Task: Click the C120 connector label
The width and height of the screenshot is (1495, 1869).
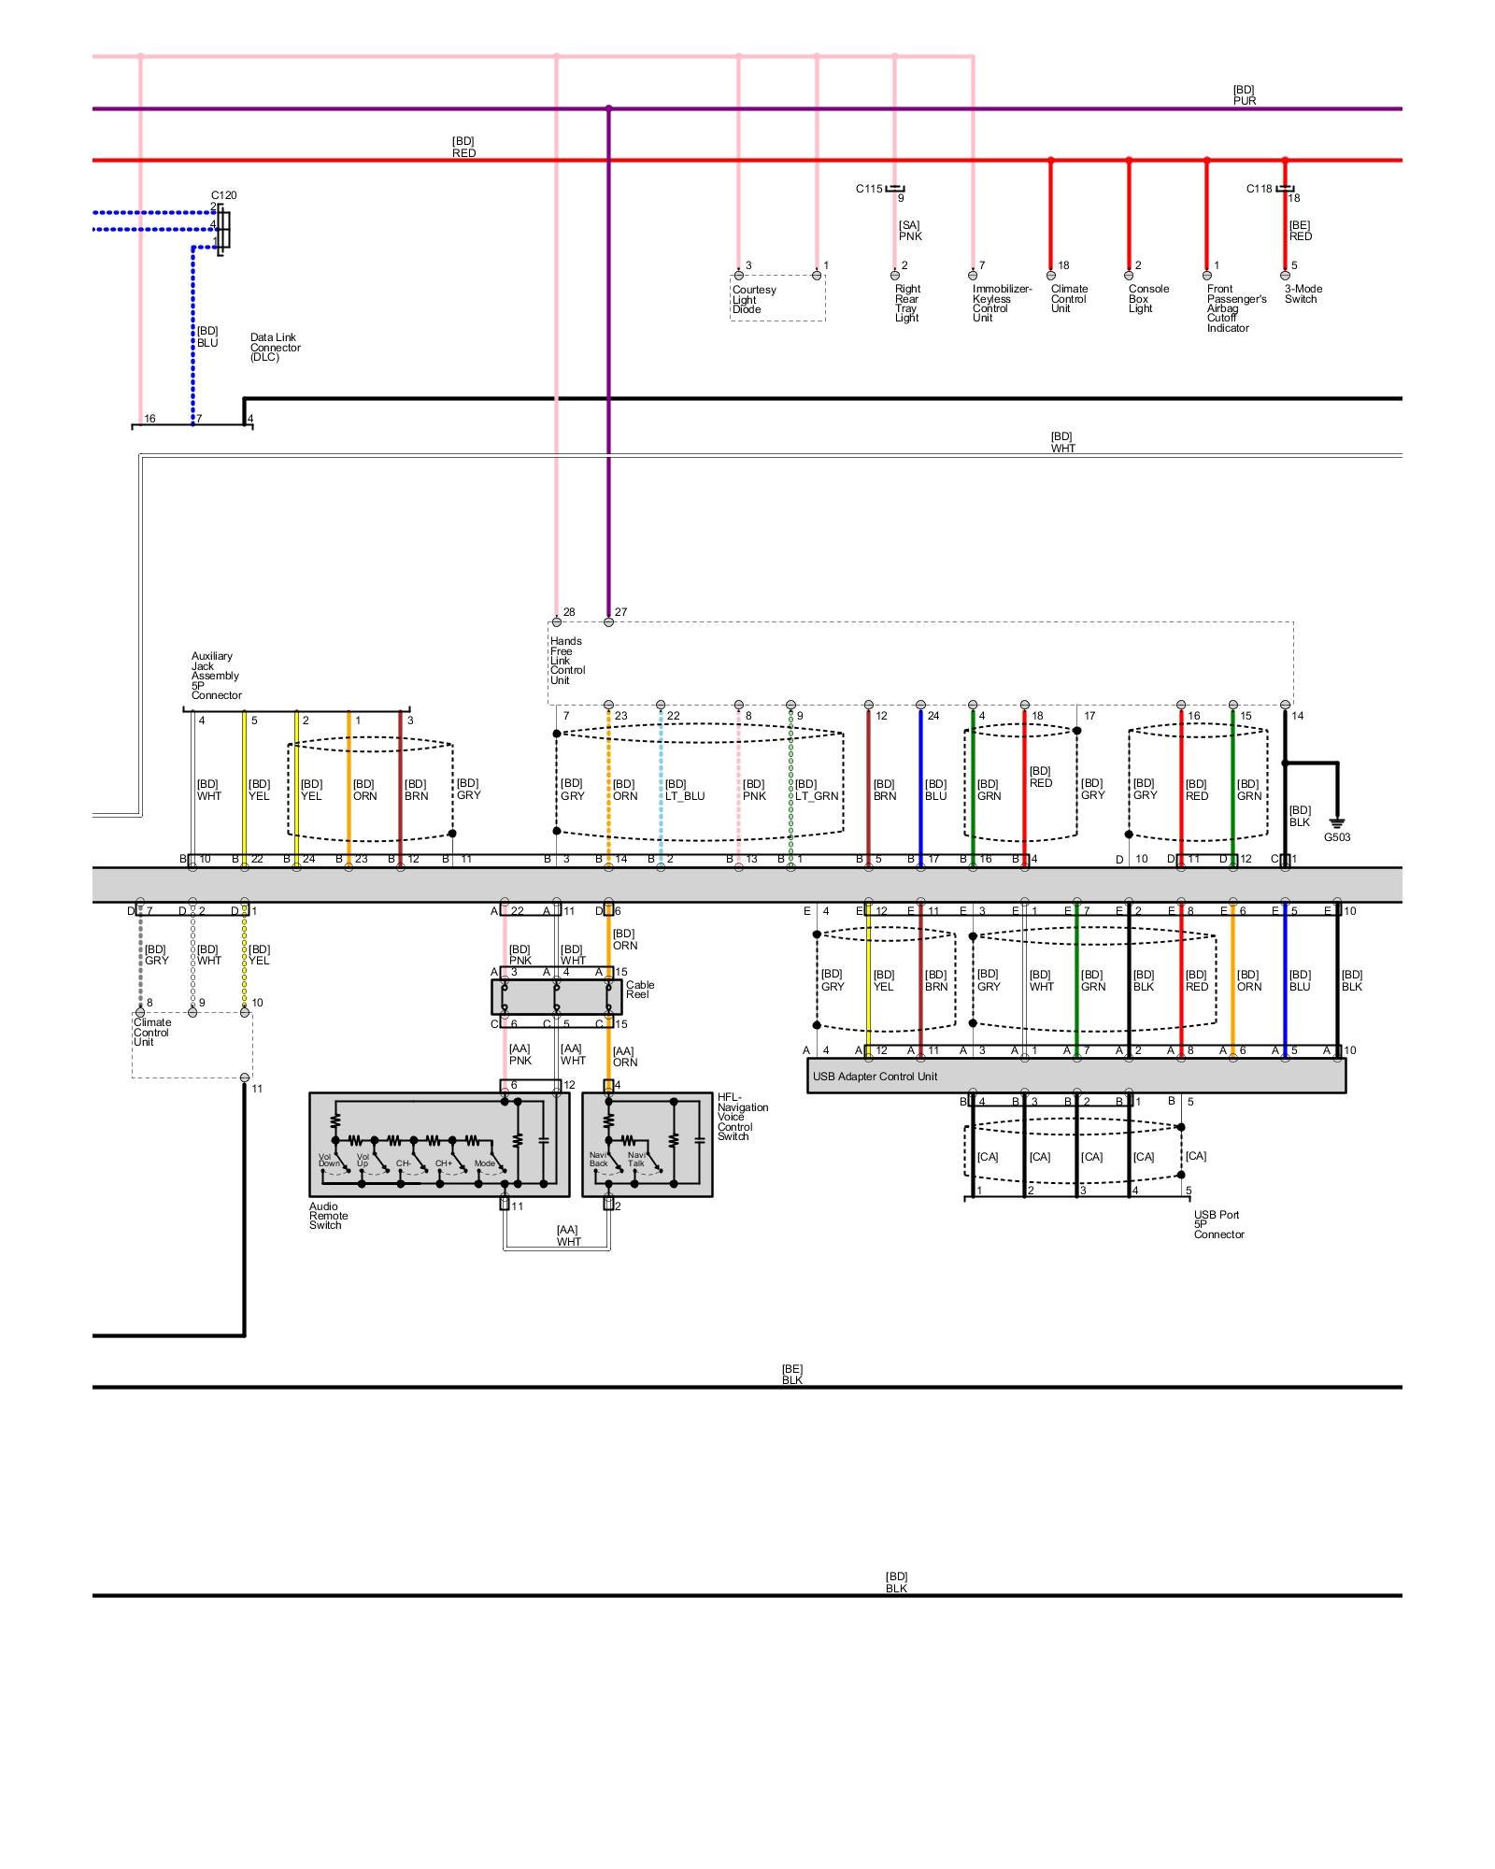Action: [223, 195]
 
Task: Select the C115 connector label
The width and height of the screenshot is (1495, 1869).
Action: [868, 189]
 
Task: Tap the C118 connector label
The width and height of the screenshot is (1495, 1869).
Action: [1259, 189]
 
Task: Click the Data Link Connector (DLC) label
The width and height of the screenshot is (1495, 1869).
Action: [275, 348]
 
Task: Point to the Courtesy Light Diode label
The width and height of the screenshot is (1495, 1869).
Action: [753, 299]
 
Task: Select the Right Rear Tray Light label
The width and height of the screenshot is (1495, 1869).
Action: [906, 304]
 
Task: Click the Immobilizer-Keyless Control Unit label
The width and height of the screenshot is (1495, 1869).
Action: [1001, 304]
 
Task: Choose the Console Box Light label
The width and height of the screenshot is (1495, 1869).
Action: [1147, 299]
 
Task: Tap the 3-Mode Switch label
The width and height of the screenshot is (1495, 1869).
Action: [1303, 294]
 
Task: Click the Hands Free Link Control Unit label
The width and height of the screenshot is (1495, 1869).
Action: [566, 661]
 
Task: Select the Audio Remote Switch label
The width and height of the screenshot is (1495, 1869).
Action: [328, 1216]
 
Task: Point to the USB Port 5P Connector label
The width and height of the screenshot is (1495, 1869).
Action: [1218, 1224]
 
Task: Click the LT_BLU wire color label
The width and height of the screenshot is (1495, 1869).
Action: [685, 796]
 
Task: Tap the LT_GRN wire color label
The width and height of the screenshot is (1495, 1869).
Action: [817, 796]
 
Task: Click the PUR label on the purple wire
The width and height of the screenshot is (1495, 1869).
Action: [1244, 101]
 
